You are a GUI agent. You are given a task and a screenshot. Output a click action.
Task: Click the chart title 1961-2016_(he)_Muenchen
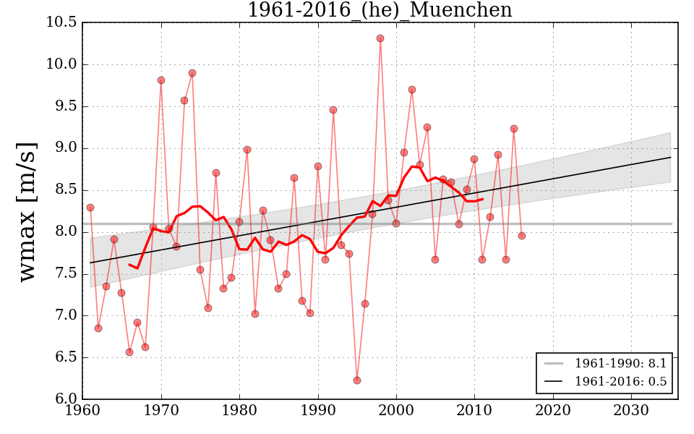click(380, 10)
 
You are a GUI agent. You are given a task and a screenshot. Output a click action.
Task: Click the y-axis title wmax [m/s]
click(27, 210)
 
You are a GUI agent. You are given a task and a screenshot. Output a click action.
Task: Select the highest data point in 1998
click(380, 38)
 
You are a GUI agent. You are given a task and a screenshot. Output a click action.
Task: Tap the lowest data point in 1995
click(357, 380)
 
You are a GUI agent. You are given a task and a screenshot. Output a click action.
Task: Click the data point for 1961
click(90, 208)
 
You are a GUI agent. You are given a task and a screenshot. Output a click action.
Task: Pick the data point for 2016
click(522, 236)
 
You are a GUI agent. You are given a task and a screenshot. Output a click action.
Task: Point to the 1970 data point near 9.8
click(161, 80)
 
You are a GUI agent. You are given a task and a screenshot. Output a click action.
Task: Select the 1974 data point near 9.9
click(192, 73)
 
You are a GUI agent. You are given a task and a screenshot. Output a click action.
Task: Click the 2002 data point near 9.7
click(412, 90)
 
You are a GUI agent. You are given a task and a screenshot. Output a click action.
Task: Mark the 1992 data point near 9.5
click(333, 110)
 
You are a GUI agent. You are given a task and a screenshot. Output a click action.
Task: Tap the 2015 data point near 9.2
click(514, 129)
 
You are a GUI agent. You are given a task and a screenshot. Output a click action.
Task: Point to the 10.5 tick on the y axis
click(62, 22)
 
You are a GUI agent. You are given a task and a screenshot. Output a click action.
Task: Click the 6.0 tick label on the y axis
click(65, 399)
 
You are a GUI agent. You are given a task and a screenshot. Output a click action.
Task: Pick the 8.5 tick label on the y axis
click(65, 190)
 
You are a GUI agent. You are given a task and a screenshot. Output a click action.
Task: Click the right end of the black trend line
click(670, 157)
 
